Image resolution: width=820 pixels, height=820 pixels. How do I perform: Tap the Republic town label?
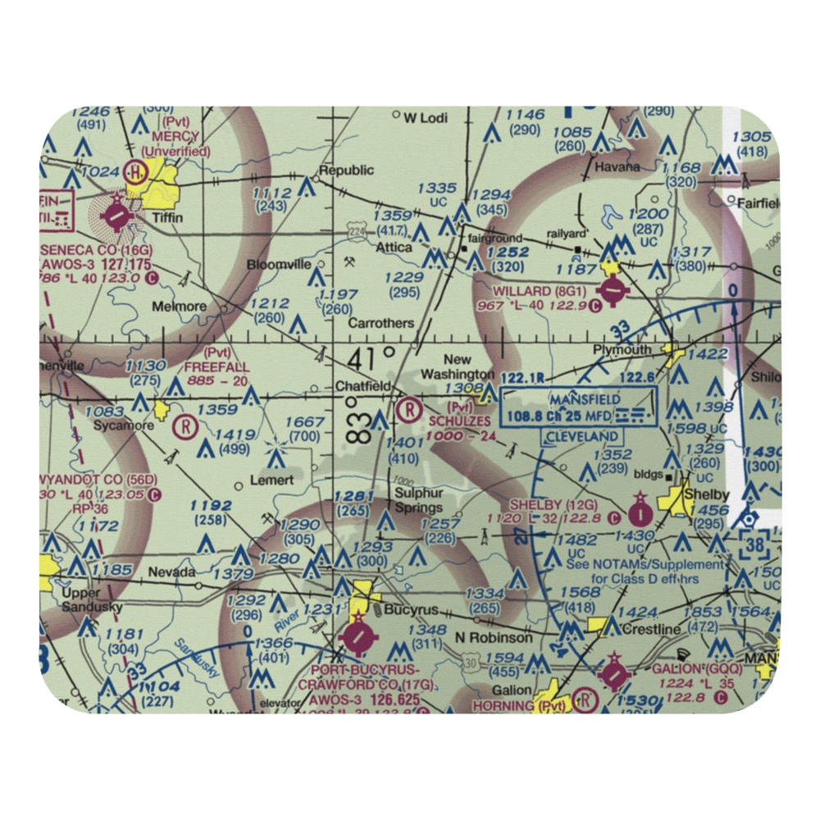[346, 171]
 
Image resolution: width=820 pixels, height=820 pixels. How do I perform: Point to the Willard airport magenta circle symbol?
[613, 289]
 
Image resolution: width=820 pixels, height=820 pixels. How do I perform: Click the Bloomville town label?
[280, 265]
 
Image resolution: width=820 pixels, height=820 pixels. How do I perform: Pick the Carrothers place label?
[380, 323]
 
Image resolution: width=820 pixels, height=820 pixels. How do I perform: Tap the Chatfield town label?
[362, 385]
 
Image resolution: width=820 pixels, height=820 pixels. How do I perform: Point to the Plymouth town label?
[622, 350]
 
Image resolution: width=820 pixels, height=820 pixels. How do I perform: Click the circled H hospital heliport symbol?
[135, 171]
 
